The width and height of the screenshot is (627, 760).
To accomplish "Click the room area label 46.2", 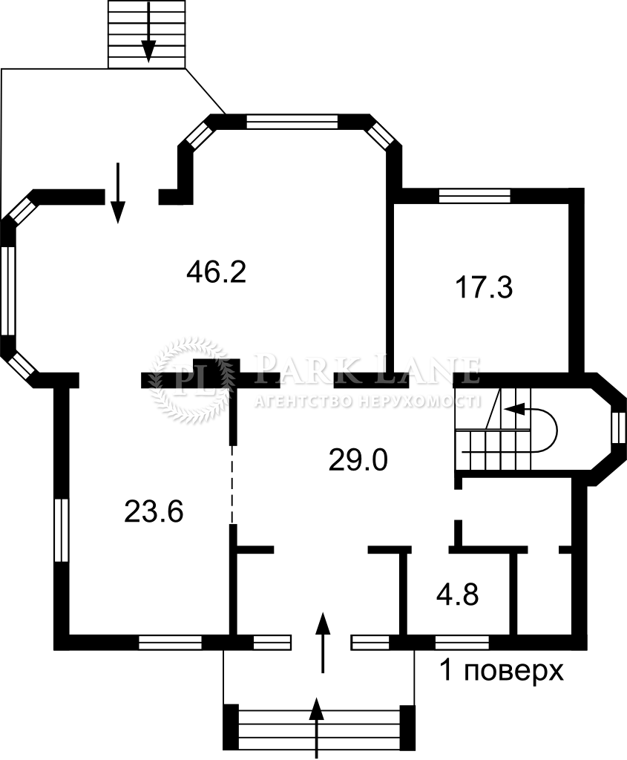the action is [217, 272].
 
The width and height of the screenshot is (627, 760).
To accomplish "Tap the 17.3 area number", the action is [484, 287].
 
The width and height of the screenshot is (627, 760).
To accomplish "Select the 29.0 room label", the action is [358, 459].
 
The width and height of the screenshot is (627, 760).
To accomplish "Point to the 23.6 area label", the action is [154, 511].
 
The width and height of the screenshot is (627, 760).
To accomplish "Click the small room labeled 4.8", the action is [457, 594].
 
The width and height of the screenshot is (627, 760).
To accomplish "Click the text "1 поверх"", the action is [502, 671].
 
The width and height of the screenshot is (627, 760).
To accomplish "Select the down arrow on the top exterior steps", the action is [148, 31].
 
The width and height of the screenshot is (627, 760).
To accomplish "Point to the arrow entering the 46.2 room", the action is [118, 193].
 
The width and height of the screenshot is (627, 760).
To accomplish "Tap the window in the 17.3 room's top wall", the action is [474, 195].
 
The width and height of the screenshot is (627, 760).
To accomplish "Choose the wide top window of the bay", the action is [292, 121].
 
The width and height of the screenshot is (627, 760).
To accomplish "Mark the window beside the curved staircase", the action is [619, 427].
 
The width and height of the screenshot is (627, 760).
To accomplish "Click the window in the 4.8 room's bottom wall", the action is [462, 642].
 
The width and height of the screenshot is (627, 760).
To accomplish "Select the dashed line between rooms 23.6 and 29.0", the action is [232, 485].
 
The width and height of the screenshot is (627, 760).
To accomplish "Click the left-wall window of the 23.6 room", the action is [61, 530].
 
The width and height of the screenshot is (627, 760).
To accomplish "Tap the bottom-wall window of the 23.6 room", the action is [170, 642].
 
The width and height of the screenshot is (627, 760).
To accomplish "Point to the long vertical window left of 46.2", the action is [8, 291].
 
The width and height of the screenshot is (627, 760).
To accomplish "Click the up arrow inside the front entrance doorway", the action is [322, 643].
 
